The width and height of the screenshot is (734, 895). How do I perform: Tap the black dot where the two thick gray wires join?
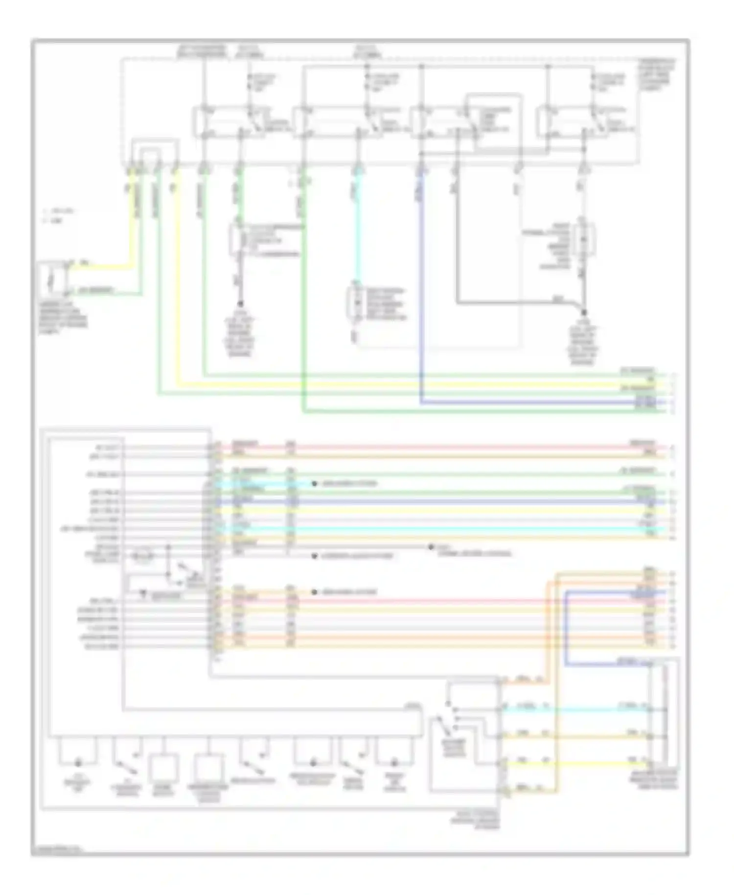click(584, 311)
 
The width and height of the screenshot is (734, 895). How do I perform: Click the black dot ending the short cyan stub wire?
click(315, 484)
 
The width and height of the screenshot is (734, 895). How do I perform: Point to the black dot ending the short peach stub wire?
click(315, 592)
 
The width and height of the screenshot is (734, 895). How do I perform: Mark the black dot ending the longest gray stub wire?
click(431, 547)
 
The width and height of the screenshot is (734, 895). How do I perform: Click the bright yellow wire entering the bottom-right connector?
click(577, 763)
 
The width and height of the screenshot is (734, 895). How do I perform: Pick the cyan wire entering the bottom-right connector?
click(577, 709)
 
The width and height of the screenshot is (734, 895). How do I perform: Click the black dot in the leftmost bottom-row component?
click(78, 763)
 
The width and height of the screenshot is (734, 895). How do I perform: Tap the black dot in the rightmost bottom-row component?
click(394, 763)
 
